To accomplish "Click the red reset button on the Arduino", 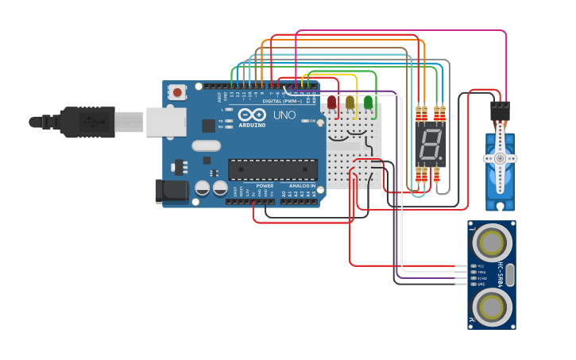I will pyautogui.click(x=176, y=92).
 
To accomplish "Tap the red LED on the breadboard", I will pyautogui.click(x=332, y=102).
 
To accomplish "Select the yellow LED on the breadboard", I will pyautogui.click(x=350, y=102).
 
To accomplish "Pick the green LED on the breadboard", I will pyautogui.click(x=368, y=102).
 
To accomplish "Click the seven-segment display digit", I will pyautogui.click(x=430, y=145).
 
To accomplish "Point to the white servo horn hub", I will pyautogui.click(x=500, y=158).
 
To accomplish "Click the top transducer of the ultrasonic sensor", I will pyautogui.click(x=492, y=241).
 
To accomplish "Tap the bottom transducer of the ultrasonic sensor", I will pyautogui.click(x=492, y=306).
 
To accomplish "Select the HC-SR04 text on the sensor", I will pyautogui.click(x=501, y=274).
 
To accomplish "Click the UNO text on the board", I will pyautogui.click(x=284, y=115).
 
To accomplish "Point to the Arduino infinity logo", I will pyautogui.click(x=251, y=115).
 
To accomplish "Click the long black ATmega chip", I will pyautogui.click(x=273, y=169).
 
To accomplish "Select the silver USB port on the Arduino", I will pyautogui.click(x=165, y=122).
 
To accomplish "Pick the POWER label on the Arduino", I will pyautogui.click(x=265, y=185).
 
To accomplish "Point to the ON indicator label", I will pyautogui.click(x=312, y=121).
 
